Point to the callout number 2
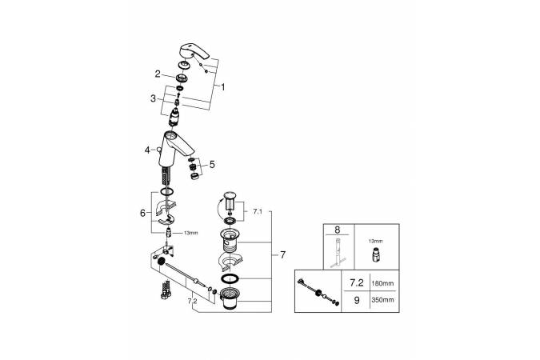[x=158, y=73]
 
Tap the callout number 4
[x=147, y=150]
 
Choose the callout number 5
[x=211, y=165]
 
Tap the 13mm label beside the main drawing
[x=191, y=234]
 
